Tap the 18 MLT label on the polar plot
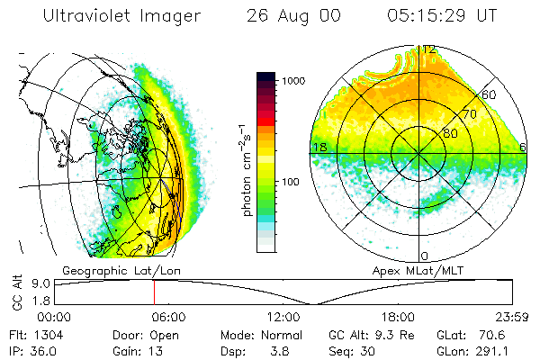(x=318, y=147)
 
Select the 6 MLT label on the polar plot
(x=523, y=147)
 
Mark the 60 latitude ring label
(x=490, y=94)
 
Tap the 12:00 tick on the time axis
(x=283, y=317)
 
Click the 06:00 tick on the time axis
(x=168, y=317)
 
